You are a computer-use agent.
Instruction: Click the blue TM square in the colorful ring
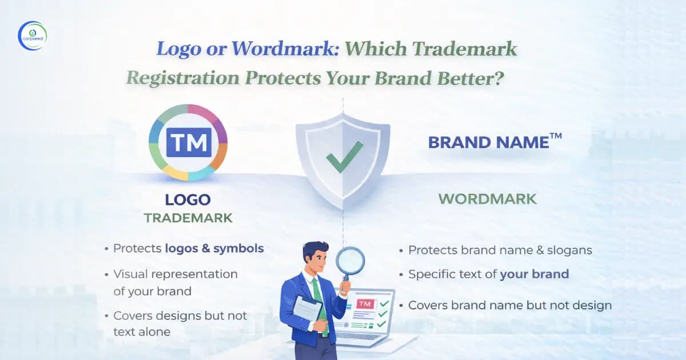coord(188,142)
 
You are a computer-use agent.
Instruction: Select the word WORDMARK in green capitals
coord(487,199)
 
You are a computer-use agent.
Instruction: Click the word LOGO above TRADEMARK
coord(188,199)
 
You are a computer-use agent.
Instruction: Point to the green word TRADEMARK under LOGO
coord(188,218)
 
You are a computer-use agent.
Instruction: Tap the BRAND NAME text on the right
coord(488,142)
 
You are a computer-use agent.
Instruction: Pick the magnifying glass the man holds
coord(349,261)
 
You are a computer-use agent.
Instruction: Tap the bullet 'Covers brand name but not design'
coord(509,305)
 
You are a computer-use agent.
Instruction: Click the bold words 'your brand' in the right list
coord(534,274)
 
